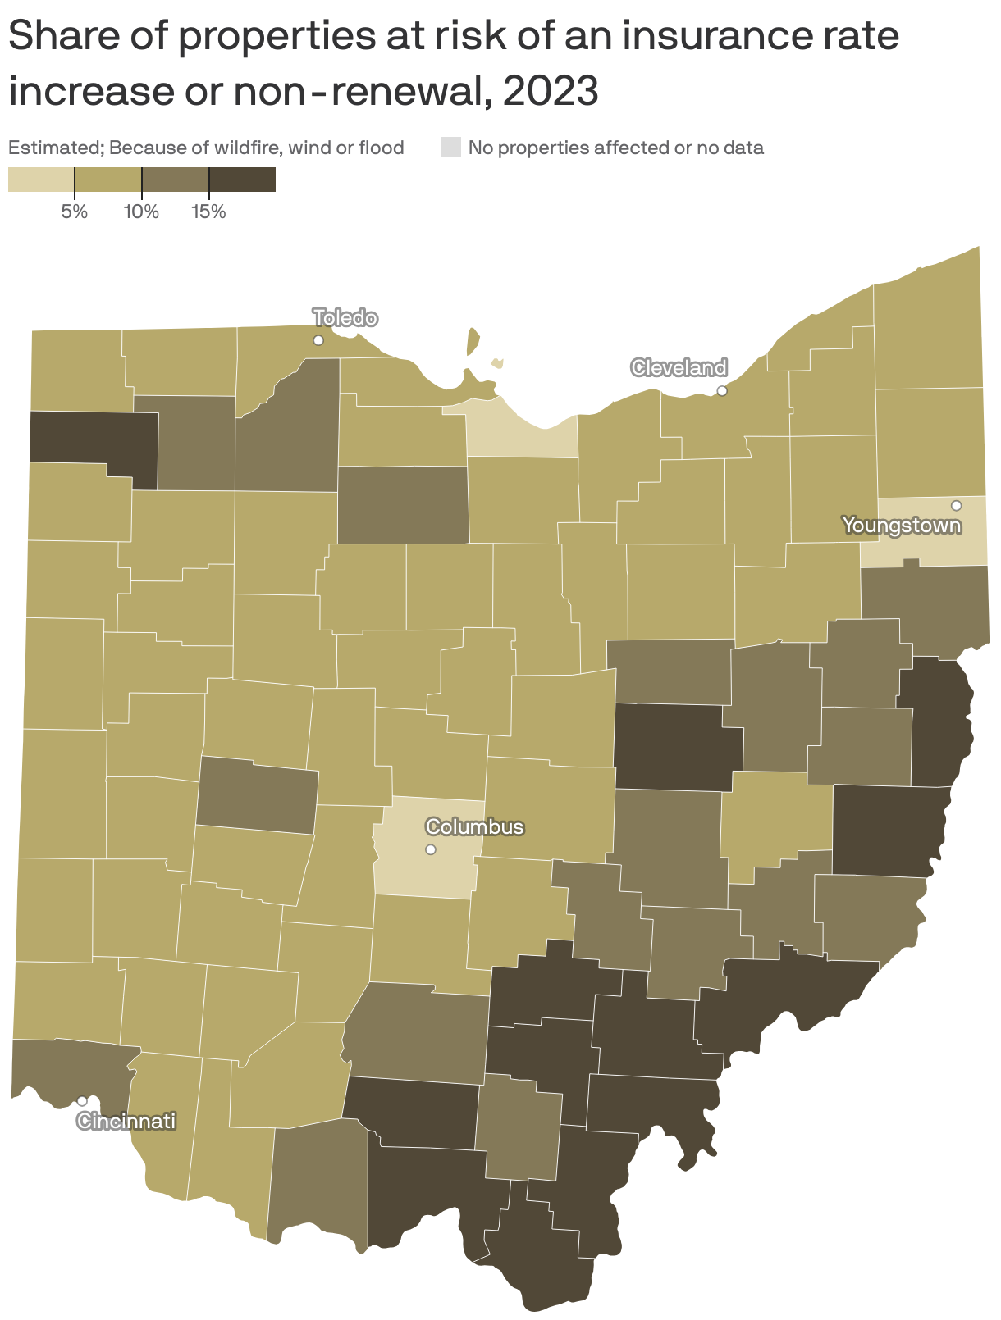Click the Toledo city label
[x=345, y=318]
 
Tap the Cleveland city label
[x=679, y=367]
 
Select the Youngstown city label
[x=902, y=525]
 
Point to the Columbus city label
[x=474, y=826]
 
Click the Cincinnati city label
[x=126, y=1121]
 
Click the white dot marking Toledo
[x=318, y=340]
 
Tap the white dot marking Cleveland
[x=722, y=390]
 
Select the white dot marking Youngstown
[x=956, y=505]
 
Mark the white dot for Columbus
[x=430, y=849]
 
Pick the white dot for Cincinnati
[x=82, y=1100]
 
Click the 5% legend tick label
[x=74, y=212]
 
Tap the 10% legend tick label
[x=141, y=212]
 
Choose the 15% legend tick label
[x=208, y=212]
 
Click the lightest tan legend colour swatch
[x=41, y=180]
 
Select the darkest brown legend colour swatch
[x=243, y=180]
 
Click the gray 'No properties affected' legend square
[x=451, y=148]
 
